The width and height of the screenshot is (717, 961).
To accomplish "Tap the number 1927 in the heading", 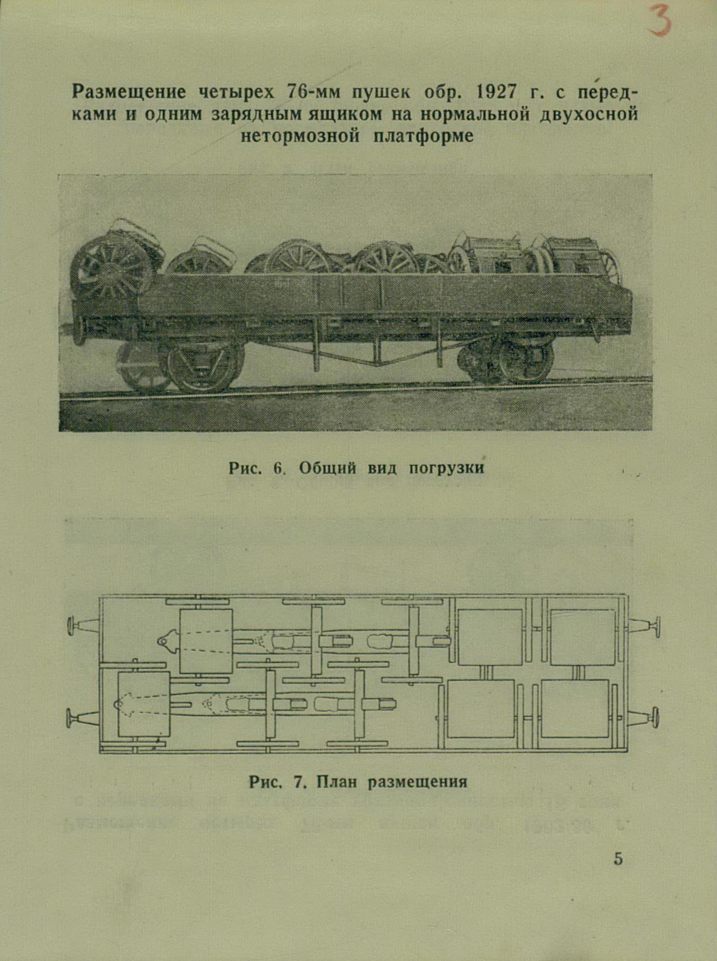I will [x=496, y=92].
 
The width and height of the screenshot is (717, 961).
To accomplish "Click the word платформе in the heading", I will [x=423, y=136].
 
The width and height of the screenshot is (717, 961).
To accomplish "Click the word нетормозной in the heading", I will [x=300, y=136].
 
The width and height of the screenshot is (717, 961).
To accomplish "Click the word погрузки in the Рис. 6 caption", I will [x=446, y=468].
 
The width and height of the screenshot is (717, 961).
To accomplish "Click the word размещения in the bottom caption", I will [x=418, y=783].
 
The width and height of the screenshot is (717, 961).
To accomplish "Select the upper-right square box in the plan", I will [x=583, y=637].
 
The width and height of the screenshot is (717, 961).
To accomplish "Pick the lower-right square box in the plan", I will [x=575, y=708].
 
